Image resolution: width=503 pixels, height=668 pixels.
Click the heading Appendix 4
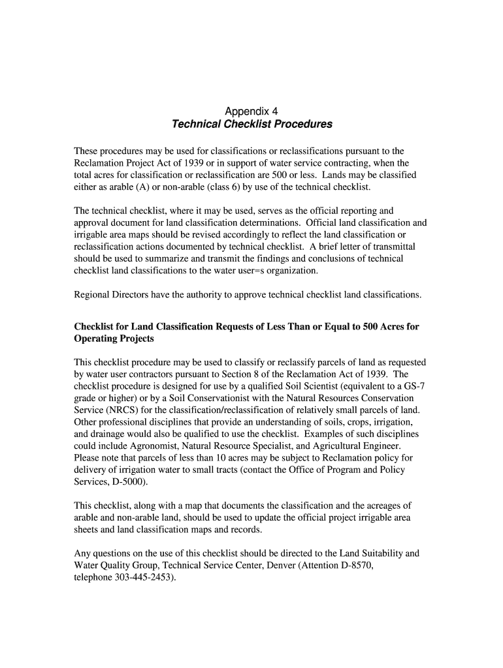[252, 111]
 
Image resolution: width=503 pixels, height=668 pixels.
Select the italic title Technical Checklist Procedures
[252, 124]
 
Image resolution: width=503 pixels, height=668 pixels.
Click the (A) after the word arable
[137, 187]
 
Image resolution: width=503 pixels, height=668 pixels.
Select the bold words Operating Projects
[114, 339]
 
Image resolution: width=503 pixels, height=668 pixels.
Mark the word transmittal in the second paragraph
[391, 247]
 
